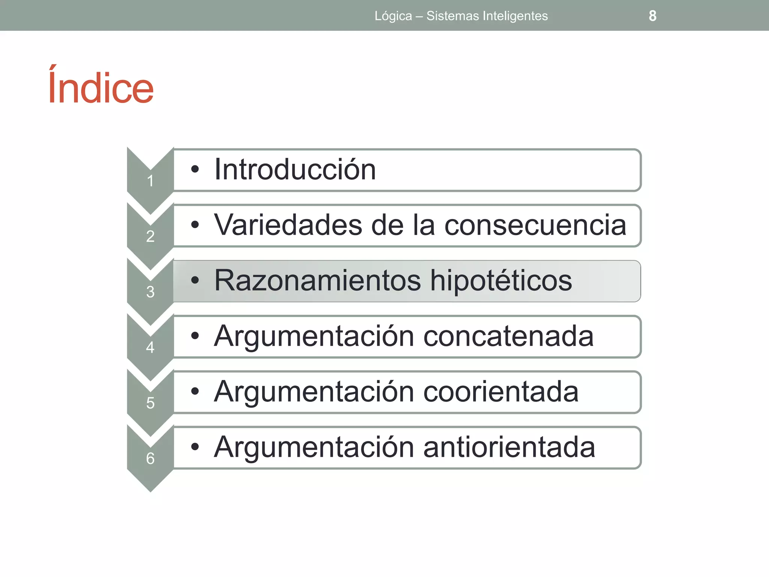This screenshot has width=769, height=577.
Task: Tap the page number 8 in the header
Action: pyautogui.click(x=653, y=16)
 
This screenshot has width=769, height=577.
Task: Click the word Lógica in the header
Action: pyautogui.click(x=393, y=16)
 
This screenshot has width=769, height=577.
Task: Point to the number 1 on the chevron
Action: pyautogui.click(x=150, y=181)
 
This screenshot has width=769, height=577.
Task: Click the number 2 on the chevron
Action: pyautogui.click(x=150, y=236)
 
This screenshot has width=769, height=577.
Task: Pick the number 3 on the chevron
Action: pyautogui.click(x=150, y=292)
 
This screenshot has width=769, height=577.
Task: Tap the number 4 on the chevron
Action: pyautogui.click(x=150, y=347)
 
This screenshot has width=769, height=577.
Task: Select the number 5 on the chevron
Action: pyautogui.click(x=150, y=403)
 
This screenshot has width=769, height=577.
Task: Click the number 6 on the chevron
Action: pyautogui.click(x=150, y=458)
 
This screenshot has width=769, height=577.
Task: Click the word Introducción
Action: pyautogui.click(x=295, y=170)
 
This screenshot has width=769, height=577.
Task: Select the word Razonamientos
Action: pyautogui.click(x=317, y=281)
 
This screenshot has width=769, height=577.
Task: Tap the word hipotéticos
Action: pyautogui.click(x=501, y=281)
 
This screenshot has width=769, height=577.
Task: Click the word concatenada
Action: pyautogui.click(x=508, y=336)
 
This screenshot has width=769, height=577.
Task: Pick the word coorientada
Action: pyautogui.click(x=501, y=392)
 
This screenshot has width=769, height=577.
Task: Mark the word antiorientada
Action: pyautogui.click(x=509, y=447)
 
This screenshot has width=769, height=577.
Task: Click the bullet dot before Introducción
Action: pyautogui.click(x=195, y=169)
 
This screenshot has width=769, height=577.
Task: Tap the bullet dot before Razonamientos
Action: pyautogui.click(x=195, y=280)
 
